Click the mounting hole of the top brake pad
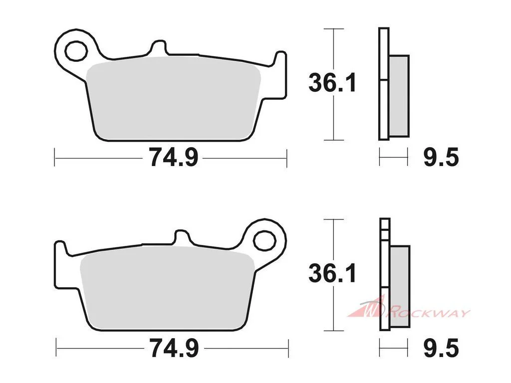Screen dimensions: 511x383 click(76, 51)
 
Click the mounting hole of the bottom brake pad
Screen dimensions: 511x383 click(264, 241)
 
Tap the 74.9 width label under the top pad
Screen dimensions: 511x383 click(174, 157)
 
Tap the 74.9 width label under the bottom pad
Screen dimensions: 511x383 click(174, 348)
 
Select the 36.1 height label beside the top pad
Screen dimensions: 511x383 click(332, 83)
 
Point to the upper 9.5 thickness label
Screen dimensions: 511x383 click(441, 157)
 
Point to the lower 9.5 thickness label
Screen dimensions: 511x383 click(441, 348)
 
